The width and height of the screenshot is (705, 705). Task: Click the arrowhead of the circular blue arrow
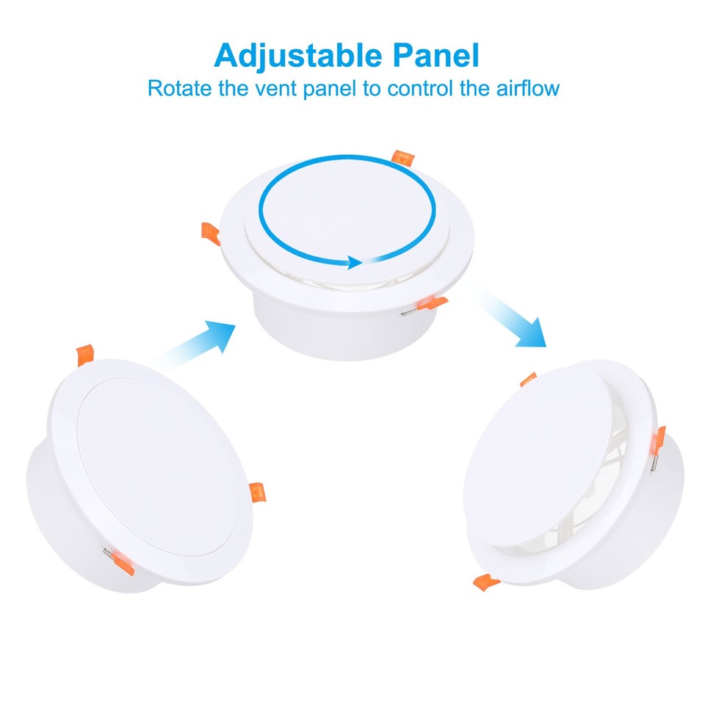pos(355,262)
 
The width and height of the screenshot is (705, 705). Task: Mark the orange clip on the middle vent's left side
pos(211,233)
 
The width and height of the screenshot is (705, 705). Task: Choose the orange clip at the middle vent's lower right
pos(430,301)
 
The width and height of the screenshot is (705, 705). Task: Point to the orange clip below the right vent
pos(486,582)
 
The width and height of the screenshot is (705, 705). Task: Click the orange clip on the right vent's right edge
pos(660,436)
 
